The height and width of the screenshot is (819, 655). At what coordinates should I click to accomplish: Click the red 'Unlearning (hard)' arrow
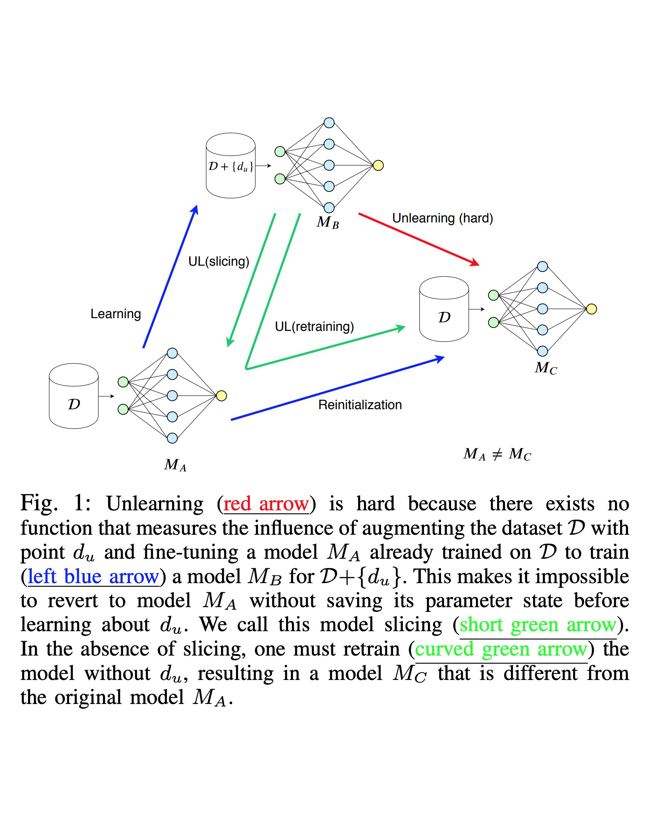[x=418, y=238]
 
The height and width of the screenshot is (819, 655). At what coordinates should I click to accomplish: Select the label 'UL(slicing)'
[x=219, y=261]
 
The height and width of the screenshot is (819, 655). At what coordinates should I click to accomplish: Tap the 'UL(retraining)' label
[x=314, y=326]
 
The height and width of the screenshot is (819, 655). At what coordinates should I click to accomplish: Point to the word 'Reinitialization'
[x=360, y=404]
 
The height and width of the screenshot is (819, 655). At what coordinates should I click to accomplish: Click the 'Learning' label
[x=115, y=314]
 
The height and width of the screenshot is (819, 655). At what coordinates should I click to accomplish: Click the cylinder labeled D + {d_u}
[x=230, y=166]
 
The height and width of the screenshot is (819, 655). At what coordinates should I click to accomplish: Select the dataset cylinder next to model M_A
[x=74, y=396]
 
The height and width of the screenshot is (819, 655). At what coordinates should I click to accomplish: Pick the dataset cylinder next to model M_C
[x=444, y=309]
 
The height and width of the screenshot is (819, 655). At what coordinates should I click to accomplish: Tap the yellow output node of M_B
[x=378, y=166]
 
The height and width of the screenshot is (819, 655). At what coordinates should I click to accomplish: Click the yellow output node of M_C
[x=591, y=309]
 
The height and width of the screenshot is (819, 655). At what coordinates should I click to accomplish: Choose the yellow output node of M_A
[x=221, y=396]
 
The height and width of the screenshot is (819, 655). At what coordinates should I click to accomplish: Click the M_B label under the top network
[x=327, y=222]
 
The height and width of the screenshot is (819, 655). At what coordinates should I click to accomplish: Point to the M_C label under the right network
[x=545, y=368]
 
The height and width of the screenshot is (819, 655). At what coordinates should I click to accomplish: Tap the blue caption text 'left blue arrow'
[x=93, y=577]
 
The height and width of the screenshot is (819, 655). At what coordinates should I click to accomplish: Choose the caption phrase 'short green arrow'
[x=538, y=625]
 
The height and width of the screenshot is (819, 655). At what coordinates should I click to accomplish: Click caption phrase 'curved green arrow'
[x=501, y=649]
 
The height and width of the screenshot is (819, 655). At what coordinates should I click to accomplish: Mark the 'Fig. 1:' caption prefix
[x=55, y=504]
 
